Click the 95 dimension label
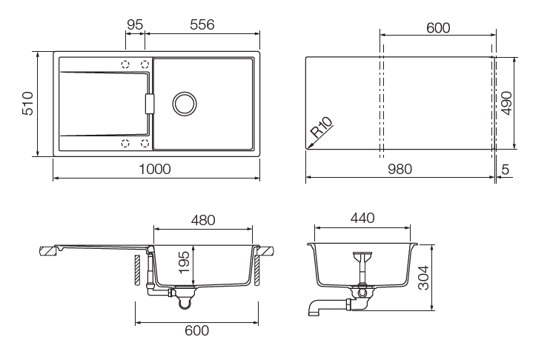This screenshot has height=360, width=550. [x=134, y=24]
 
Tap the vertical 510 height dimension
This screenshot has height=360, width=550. [x=27, y=104]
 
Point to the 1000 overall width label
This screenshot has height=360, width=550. [x=155, y=169]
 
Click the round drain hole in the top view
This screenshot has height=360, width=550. [x=184, y=104]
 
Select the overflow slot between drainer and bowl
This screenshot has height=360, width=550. [x=150, y=104]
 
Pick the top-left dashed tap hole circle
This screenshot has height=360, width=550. [x=125, y=65]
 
